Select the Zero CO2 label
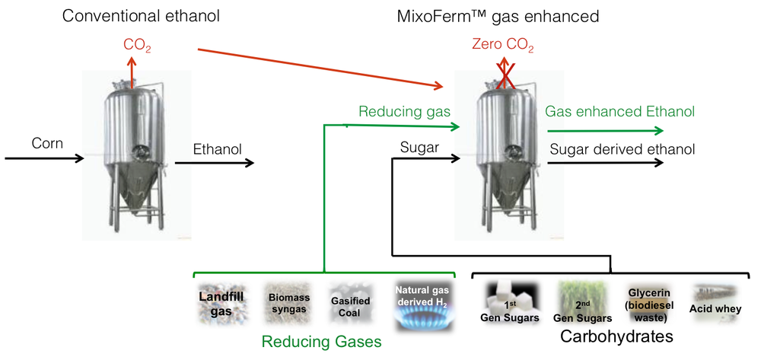503,46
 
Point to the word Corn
48,142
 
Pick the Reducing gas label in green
404,112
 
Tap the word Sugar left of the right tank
419,148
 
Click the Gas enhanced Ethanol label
619,112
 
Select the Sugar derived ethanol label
622,149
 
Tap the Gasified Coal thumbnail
351,306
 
